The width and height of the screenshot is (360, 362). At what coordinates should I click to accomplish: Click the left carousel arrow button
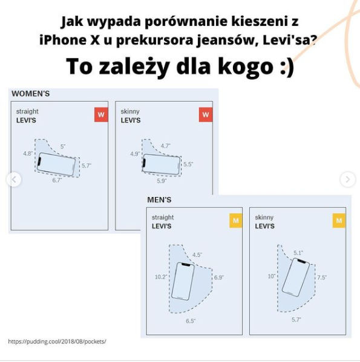pos(14,179)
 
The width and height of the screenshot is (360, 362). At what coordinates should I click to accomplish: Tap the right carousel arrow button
pos(347,179)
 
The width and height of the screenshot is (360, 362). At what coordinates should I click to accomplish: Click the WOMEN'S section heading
pos(30,94)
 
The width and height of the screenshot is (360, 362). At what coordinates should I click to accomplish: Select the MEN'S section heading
pos(159,199)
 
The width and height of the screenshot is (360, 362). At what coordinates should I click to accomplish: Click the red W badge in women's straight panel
pos(100,115)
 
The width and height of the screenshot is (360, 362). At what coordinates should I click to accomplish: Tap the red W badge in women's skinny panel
pos(205,115)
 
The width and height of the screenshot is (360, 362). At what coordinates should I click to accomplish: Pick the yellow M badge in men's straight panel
pos(235,221)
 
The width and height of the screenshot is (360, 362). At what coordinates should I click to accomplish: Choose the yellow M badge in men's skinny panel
pos(339,221)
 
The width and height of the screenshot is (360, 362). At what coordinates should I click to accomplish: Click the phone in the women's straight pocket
pos(57,164)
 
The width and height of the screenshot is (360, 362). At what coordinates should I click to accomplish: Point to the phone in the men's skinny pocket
pos(296,277)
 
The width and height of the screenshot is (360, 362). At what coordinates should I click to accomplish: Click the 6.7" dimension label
pos(57,180)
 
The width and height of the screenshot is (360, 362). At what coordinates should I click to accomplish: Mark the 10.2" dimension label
pos(160,277)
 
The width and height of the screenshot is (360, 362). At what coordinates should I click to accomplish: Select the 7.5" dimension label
pos(321,277)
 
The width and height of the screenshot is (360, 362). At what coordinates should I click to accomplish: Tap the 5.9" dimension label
pos(162,180)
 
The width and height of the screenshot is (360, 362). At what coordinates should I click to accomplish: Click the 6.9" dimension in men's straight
pos(218,277)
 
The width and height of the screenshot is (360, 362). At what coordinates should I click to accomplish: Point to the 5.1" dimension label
pos(298,253)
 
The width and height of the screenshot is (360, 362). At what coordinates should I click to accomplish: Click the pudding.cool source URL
pos(57,341)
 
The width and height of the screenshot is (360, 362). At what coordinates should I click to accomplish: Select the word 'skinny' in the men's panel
pos(264,217)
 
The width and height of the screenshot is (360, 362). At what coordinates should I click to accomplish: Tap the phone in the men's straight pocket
pos(183,281)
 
